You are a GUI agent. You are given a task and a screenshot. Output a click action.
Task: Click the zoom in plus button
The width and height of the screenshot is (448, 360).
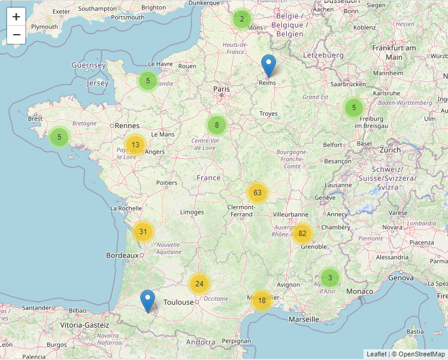(16, 17)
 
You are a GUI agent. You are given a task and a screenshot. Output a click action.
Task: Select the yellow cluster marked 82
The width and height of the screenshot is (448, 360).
(302, 233)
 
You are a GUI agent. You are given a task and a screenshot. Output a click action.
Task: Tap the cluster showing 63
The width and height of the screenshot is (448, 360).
(258, 193)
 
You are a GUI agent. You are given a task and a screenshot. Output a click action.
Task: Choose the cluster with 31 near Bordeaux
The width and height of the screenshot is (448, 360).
(143, 231)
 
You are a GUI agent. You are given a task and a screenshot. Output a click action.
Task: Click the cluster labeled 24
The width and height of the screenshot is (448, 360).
(199, 284)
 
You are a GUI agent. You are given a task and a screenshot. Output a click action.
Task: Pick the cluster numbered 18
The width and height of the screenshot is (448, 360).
(262, 300)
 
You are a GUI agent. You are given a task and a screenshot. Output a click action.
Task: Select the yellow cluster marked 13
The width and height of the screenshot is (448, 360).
(135, 145)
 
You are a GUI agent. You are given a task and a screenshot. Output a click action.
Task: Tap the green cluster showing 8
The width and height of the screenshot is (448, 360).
(217, 125)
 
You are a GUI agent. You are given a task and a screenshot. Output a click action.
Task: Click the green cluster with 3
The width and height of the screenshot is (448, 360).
(329, 277)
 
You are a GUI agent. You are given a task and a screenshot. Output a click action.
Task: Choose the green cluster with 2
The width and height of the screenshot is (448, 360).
(241, 19)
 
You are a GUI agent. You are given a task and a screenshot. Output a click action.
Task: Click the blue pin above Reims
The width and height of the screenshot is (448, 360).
(269, 66)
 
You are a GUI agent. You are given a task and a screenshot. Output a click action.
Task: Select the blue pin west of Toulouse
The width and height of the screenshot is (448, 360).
(147, 301)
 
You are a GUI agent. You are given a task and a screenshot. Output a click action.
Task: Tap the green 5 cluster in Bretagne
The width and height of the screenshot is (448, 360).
(59, 137)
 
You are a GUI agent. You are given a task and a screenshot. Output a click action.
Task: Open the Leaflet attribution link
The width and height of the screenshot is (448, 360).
(377, 354)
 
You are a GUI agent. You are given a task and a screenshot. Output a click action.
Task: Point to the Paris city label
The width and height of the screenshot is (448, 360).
(222, 89)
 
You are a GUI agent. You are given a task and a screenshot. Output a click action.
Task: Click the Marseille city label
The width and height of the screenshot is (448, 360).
(304, 319)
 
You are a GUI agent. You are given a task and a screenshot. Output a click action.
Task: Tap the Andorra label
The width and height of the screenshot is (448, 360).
(201, 342)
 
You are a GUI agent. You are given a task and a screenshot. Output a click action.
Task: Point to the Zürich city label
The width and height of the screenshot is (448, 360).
(390, 150)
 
